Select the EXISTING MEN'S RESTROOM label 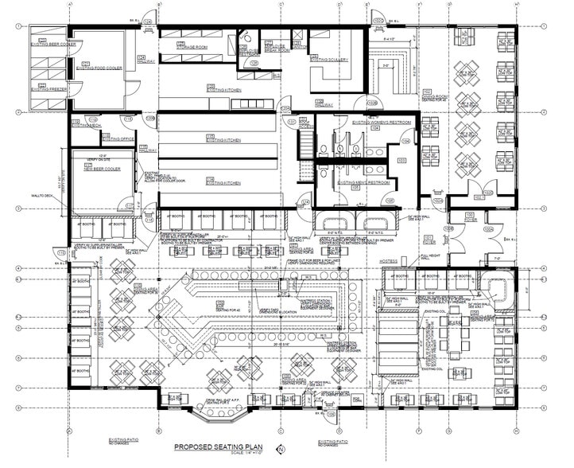click(x=363, y=182)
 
